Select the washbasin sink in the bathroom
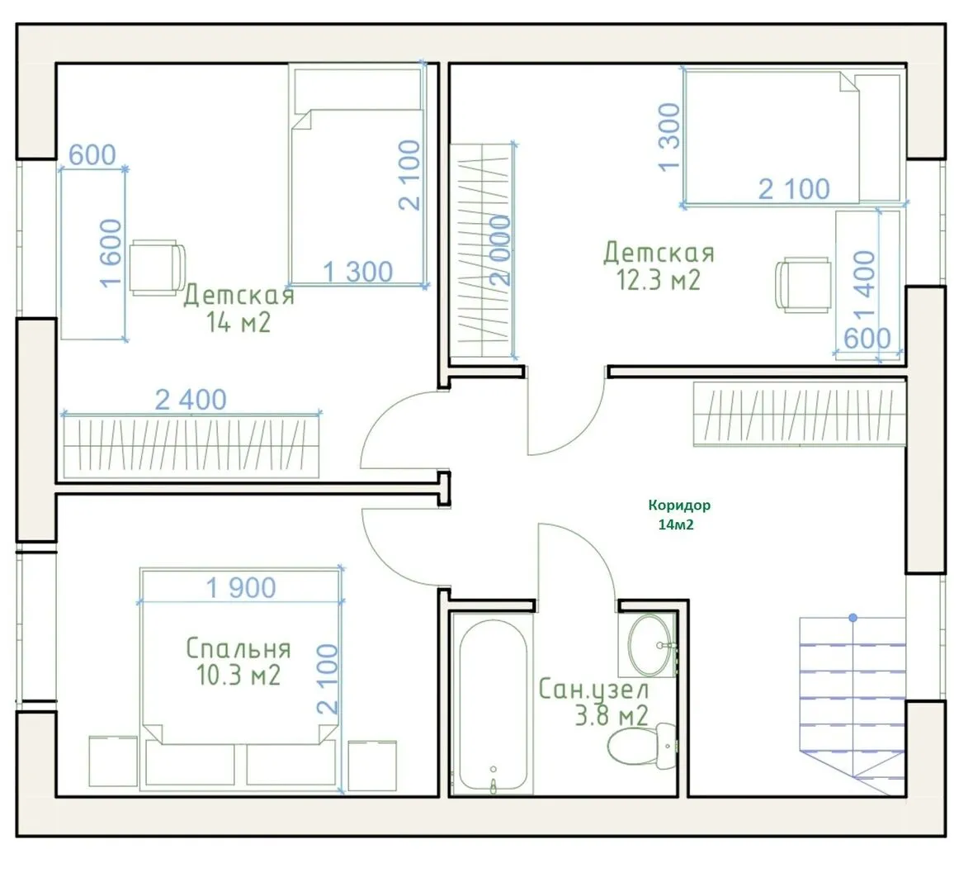click(x=649, y=644)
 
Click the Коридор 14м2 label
click(x=679, y=515)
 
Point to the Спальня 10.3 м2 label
click(x=239, y=662)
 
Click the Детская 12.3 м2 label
click(x=659, y=267)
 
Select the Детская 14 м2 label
click(x=239, y=309)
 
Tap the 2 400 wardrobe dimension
click(x=191, y=400)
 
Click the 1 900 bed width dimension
click(x=241, y=587)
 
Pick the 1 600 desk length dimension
click(x=111, y=253)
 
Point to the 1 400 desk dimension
click(x=864, y=283)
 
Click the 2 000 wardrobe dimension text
click(x=500, y=250)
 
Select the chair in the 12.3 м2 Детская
click(x=803, y=284)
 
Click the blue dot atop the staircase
click(x=853, y=618)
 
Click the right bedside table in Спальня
click(x=372, y=766)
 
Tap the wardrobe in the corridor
click(x=799, y=414)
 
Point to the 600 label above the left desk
click(x=92, y=154)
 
